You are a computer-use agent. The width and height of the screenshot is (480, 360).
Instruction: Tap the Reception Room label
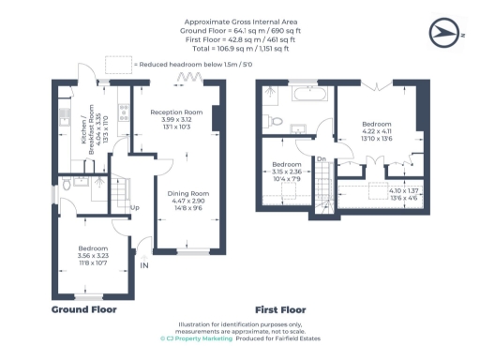tap(172, 112)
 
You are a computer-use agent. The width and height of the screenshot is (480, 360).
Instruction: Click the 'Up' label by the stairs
tap(135, 207)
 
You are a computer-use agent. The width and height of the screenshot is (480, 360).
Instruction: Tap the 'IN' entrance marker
tap(143, 265)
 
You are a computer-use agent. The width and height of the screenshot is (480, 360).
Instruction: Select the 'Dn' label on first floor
tap(321, 158)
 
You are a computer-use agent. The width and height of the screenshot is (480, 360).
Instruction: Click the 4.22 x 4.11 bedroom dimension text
tap(377, 131)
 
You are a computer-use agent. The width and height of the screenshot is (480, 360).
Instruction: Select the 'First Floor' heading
tap(280, 308)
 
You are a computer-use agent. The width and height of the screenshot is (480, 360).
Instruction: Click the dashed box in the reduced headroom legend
tap(118, 64)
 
